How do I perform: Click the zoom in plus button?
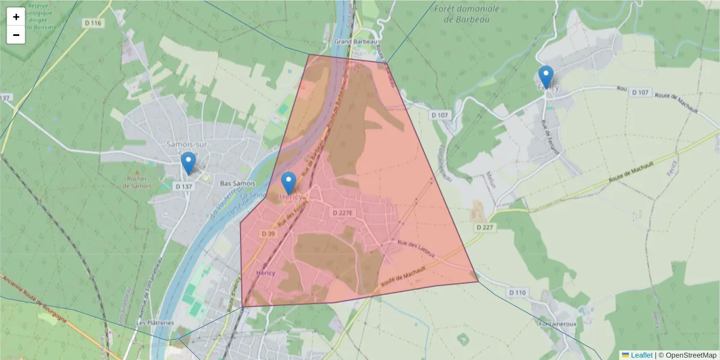pyautogui.click(x=16, y=17)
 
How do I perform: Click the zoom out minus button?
pyautogui.click(x=16, y=35)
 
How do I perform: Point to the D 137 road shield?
pyautogui.click(x=184, y=187)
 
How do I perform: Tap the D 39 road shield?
pyautogui.click(x=268, y=233)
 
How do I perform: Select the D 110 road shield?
pyautogui.click(x=517, y=292)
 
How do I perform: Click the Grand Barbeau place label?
pyautogui.click(x=355, y=41)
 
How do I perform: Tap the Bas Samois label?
pyautogui.click(x=238, y=183)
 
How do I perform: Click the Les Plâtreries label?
pyautogui.click(x=155, y=322)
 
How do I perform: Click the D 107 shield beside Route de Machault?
pyautogui.click(x=640, y=92)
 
